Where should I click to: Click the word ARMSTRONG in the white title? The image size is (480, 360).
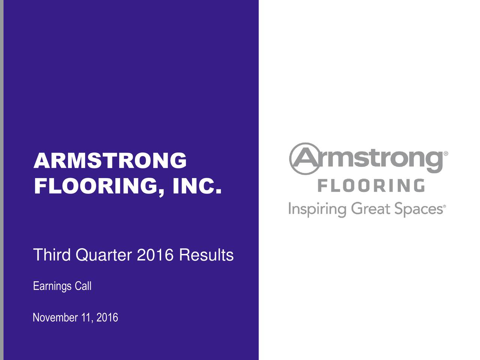pyautogui.click(x=110, y=161)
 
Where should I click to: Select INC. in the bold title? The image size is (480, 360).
pyautogui.click(x=196, y=186)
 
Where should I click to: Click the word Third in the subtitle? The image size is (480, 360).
pyautogui.click(x=52, y=255)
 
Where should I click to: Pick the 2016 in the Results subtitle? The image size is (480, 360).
pyautogui.click(x=155, y=255)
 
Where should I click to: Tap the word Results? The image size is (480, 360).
pyautogui.click(x=206, y=255)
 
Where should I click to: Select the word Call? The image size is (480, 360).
pyautogui.click(x=83, y=286)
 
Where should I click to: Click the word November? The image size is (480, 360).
pyautogui.click(x=55, y=318)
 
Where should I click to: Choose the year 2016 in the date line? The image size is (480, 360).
pyautogui.click(x=107, y=318)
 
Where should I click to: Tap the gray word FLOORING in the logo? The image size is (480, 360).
pyautogui.click(x=371, y=186)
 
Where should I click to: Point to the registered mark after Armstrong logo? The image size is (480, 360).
pyautogui.click(x=446, y=154)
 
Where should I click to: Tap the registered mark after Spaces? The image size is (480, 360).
pyautogui.click(x=445, y=206)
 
